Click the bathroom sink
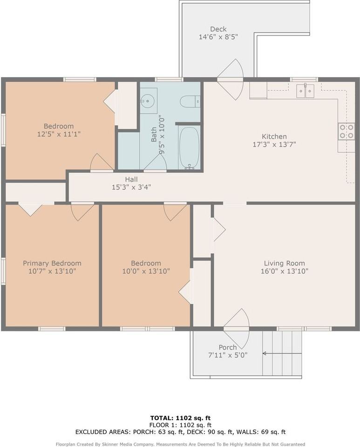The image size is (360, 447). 148,100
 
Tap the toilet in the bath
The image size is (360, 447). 190,101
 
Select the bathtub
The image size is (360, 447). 189,148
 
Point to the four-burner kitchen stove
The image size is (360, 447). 346,131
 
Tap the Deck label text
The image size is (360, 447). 218,29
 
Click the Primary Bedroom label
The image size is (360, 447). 52,263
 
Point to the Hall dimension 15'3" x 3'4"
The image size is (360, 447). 131,187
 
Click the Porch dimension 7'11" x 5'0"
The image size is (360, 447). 227,355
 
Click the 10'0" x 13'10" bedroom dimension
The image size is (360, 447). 146,271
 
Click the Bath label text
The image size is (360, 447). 154,135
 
